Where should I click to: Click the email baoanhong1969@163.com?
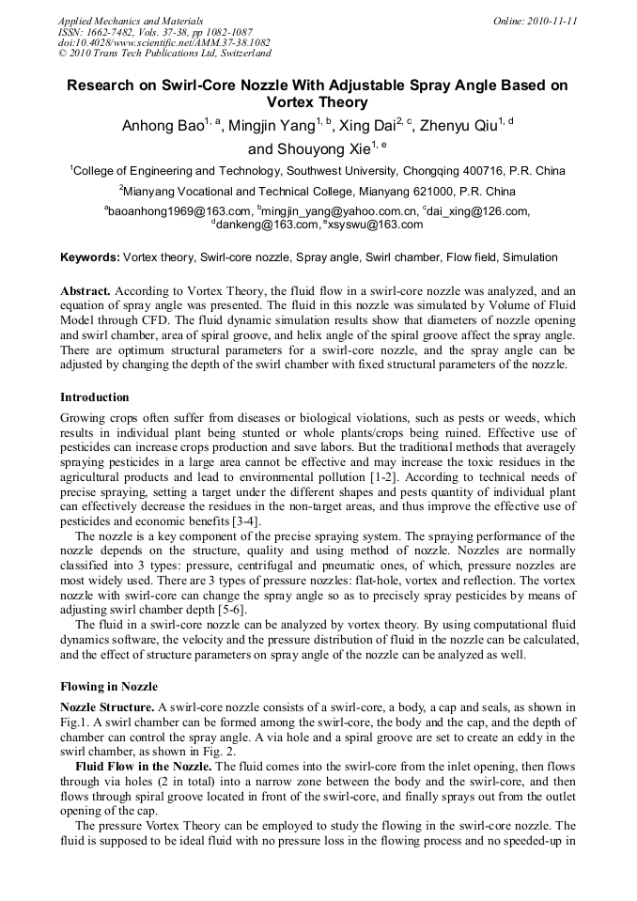[x=179, y=212]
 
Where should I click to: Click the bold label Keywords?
[x=90, y=257]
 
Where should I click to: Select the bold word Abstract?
[x=85, y=291]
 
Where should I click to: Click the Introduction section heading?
[x=95, y=397]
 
